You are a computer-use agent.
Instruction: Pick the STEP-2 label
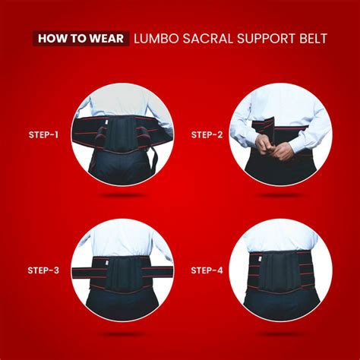tap(207, 135)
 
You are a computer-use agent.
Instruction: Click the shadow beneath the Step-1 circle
tap(122, 195)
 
